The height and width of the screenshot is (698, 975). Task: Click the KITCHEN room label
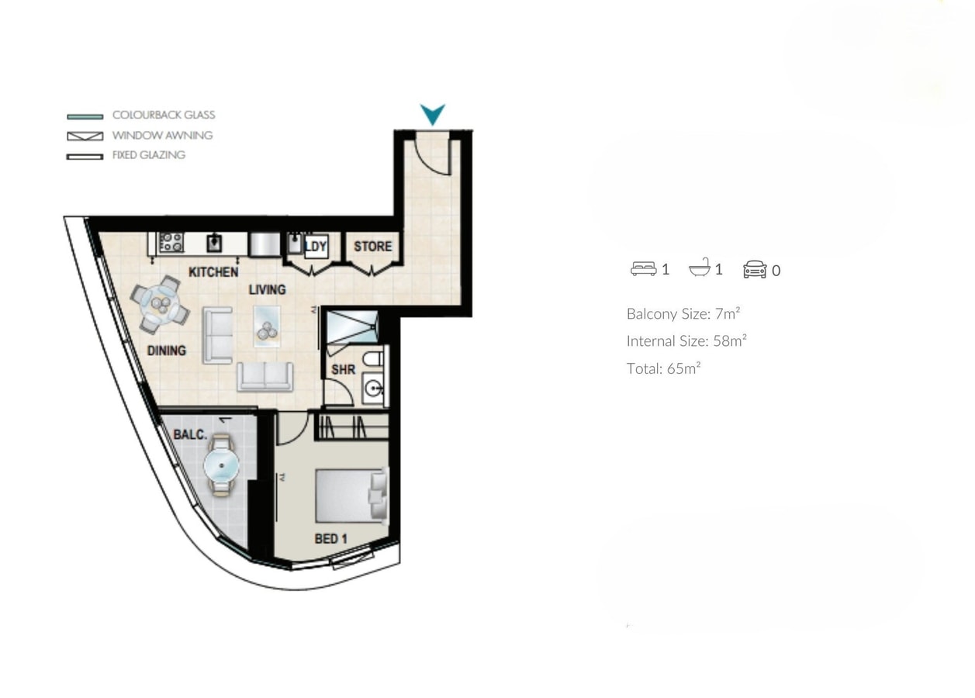click(x=213, y=272)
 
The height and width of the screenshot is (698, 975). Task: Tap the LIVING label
click(x=267, y=289)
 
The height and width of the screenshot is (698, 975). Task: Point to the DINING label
click(x=167, y=351)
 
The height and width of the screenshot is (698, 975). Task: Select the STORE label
click(x=372, y=247)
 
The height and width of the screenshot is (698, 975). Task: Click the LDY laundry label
click(x=316, y=247)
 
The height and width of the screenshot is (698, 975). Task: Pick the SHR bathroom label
click(x=343, y=370)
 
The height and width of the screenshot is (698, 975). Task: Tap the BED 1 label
click(x=330, y=538)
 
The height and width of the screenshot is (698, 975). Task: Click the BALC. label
click(x=190, y=434)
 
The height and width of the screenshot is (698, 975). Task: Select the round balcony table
click(x=222, y=466)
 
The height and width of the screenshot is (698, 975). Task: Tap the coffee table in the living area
click(x=267, y=325)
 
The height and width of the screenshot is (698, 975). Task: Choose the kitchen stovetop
click(x=171, y=243)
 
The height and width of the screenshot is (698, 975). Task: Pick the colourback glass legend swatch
click(x=85, y=116)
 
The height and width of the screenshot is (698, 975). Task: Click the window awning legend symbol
click(x=85, y=136)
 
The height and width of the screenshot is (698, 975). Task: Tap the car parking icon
click(x=754, y=270)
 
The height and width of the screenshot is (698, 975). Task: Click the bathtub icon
click(x=699, y=269)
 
